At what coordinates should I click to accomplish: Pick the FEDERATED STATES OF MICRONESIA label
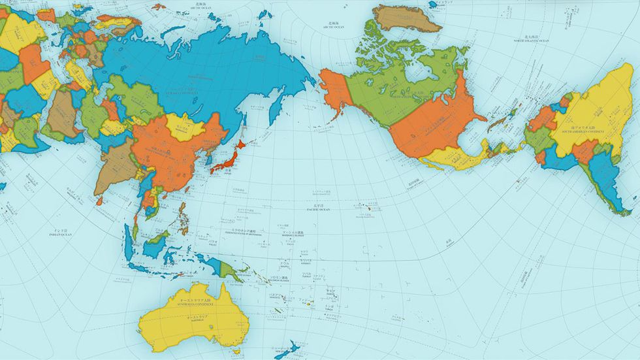click(x=244, y=233)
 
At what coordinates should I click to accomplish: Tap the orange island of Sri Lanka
click(x=100, y=201)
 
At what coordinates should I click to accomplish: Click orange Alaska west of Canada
click(x=334, y=91)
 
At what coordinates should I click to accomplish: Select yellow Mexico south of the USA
click(x=451, y=157)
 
